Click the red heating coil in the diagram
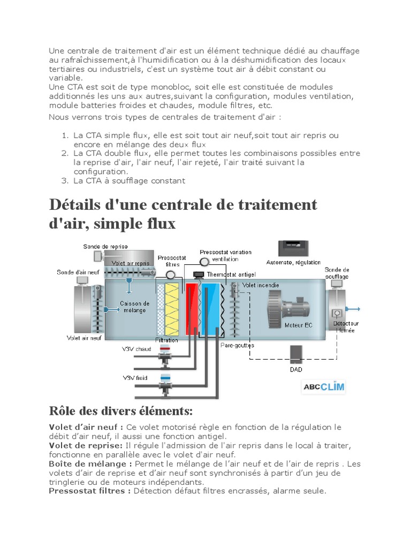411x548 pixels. pyautogui.click(x=191, y=309)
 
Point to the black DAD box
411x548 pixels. pyautogui.click(x=295, y=354)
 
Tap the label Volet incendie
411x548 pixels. pyautogui.click(x=261, y=285)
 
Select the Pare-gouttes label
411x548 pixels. pyautogui.click(x=237, y=345)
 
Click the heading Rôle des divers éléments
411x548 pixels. pyautogui.click(x=120, y=411)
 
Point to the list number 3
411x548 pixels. pyautogui.click(x=64, y=180)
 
